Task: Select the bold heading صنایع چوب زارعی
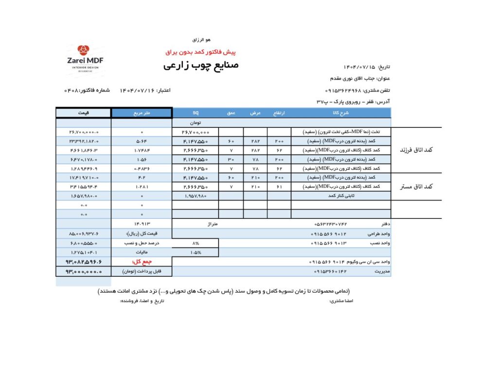coord(201,65)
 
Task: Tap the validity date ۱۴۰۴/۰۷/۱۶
coord(137,90)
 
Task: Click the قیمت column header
coord(83,113)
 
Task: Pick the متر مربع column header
coord(141,113)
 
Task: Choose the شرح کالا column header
coord(342,113)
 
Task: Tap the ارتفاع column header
coord(279,113)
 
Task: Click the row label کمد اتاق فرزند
coord(416,150)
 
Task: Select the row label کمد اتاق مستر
coord(416,186)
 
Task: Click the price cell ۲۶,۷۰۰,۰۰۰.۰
coord(84,132)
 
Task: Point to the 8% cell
coord(196,243)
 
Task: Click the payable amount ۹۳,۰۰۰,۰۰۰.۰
coord(84,271)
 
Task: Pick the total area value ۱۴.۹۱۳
coord(141,223)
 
